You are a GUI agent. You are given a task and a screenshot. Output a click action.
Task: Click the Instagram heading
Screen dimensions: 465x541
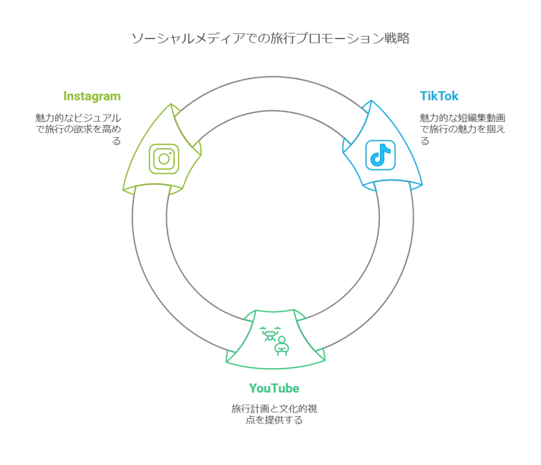tap(91, 96)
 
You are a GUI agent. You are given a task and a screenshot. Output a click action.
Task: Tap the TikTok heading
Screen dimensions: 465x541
tap(439, 96)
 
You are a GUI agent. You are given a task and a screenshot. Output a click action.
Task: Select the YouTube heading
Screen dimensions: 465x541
tap(274, 388)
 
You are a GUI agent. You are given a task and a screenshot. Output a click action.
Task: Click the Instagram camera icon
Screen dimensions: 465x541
tap(164, 159)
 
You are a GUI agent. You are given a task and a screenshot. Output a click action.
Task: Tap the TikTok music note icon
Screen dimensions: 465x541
tap(380, 155)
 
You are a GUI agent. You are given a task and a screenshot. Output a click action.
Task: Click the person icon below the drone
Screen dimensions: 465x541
tap(282, 346)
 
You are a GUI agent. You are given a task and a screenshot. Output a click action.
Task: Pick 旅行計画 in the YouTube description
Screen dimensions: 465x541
tap(250, 409)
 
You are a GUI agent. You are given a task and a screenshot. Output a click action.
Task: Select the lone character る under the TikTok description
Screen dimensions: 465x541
tap(424, 141)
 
